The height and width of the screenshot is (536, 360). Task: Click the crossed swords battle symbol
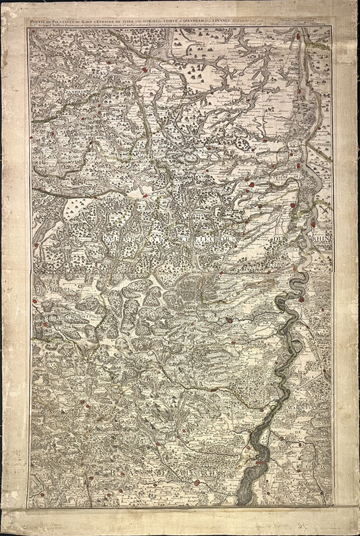point(324,211)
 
